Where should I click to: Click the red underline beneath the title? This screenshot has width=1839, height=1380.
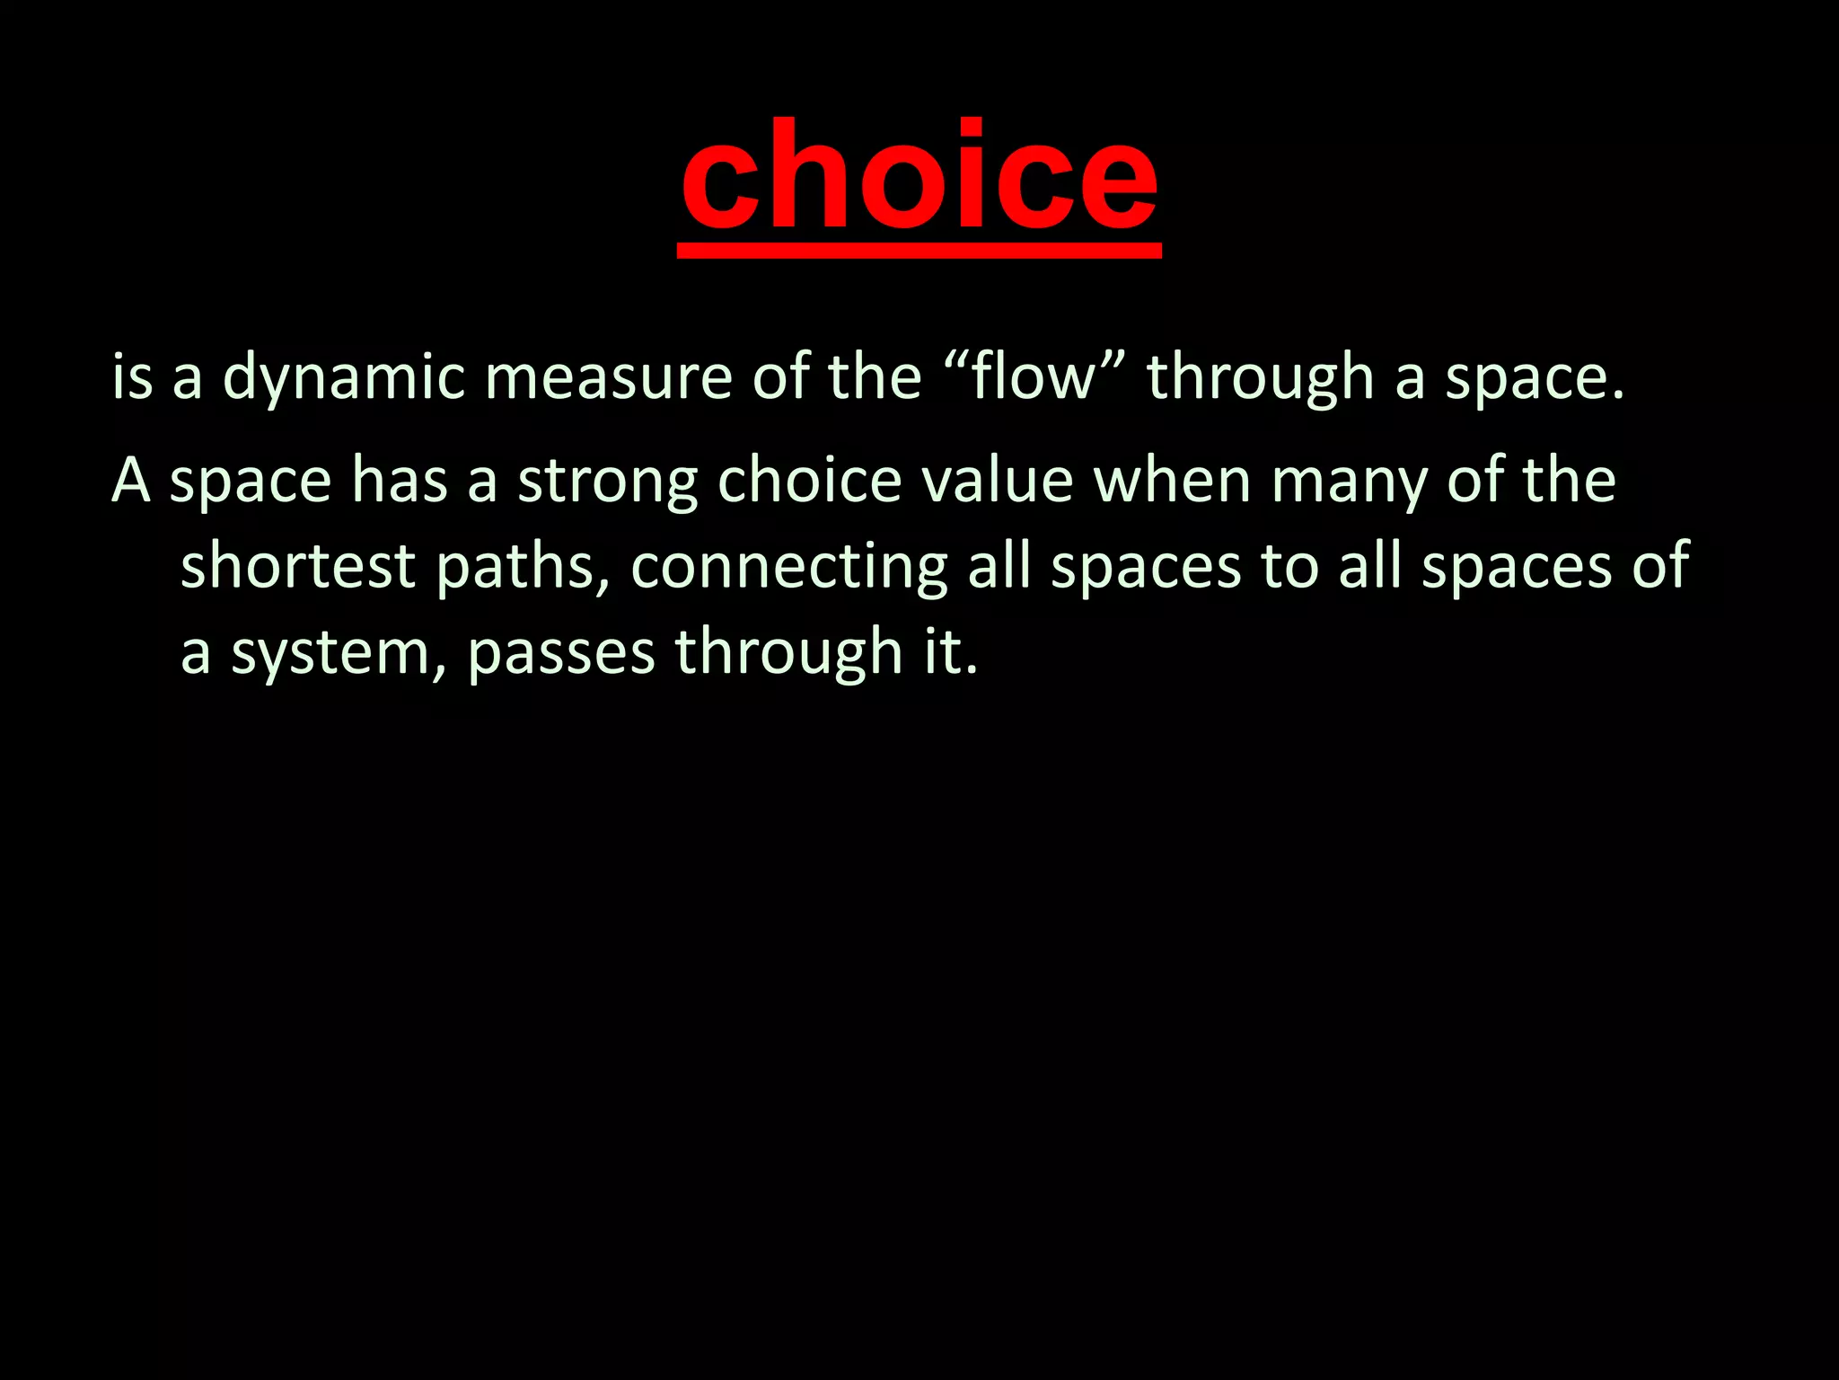pyautogui.click(x=919, y=252)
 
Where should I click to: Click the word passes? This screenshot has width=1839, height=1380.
pyautogui.click(x=561, y=653)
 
